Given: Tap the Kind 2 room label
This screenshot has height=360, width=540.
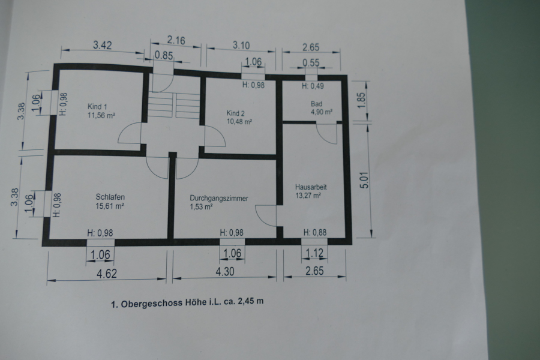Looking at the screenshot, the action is (x=236, y=113).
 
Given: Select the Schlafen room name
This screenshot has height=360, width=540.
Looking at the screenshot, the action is (x=110, y=197).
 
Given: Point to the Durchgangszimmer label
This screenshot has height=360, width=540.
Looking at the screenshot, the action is (x=218, y=199).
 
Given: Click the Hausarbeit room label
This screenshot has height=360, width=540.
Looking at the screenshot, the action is (x=311, y=187).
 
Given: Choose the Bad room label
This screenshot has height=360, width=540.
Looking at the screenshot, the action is (x=316, y=104).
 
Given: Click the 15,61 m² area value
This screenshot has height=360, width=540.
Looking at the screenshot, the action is (x=110, y=206).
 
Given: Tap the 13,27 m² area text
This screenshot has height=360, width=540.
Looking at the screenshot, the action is (x=308, y=196).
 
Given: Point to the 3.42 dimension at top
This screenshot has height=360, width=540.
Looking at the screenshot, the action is (x=102, y=45).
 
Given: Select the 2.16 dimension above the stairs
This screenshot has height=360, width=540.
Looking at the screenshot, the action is (x=176, y=40).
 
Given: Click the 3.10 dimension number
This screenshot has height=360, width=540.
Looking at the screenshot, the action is (x=241, y=45).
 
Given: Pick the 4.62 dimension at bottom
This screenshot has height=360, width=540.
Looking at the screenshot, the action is (x=107, y=274).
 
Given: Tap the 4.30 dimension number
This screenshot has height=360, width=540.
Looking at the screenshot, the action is (x=225, y=271).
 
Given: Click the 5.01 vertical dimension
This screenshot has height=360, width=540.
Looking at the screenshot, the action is (x=364, y=180).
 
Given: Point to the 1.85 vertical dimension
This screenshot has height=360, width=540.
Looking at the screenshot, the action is (x=361, y=101).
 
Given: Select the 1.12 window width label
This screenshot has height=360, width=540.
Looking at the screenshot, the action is (x=314, y=253).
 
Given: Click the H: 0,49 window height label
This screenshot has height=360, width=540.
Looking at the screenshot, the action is (x=313, y=86).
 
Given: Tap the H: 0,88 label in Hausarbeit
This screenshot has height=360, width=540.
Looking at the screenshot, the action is (x=315, y=233).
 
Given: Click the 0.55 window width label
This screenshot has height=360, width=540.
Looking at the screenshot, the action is (x=311, y=62).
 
